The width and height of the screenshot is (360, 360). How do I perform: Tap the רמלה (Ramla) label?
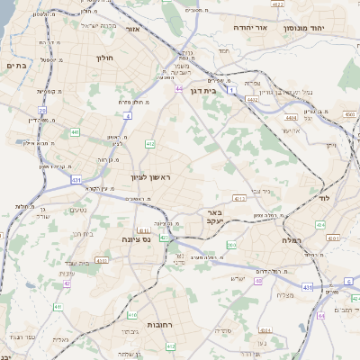[281, 241]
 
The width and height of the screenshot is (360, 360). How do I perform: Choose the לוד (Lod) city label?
[323, 197]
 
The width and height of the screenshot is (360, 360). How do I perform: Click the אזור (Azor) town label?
[133, 30]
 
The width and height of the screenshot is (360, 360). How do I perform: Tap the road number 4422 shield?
[278, 5]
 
